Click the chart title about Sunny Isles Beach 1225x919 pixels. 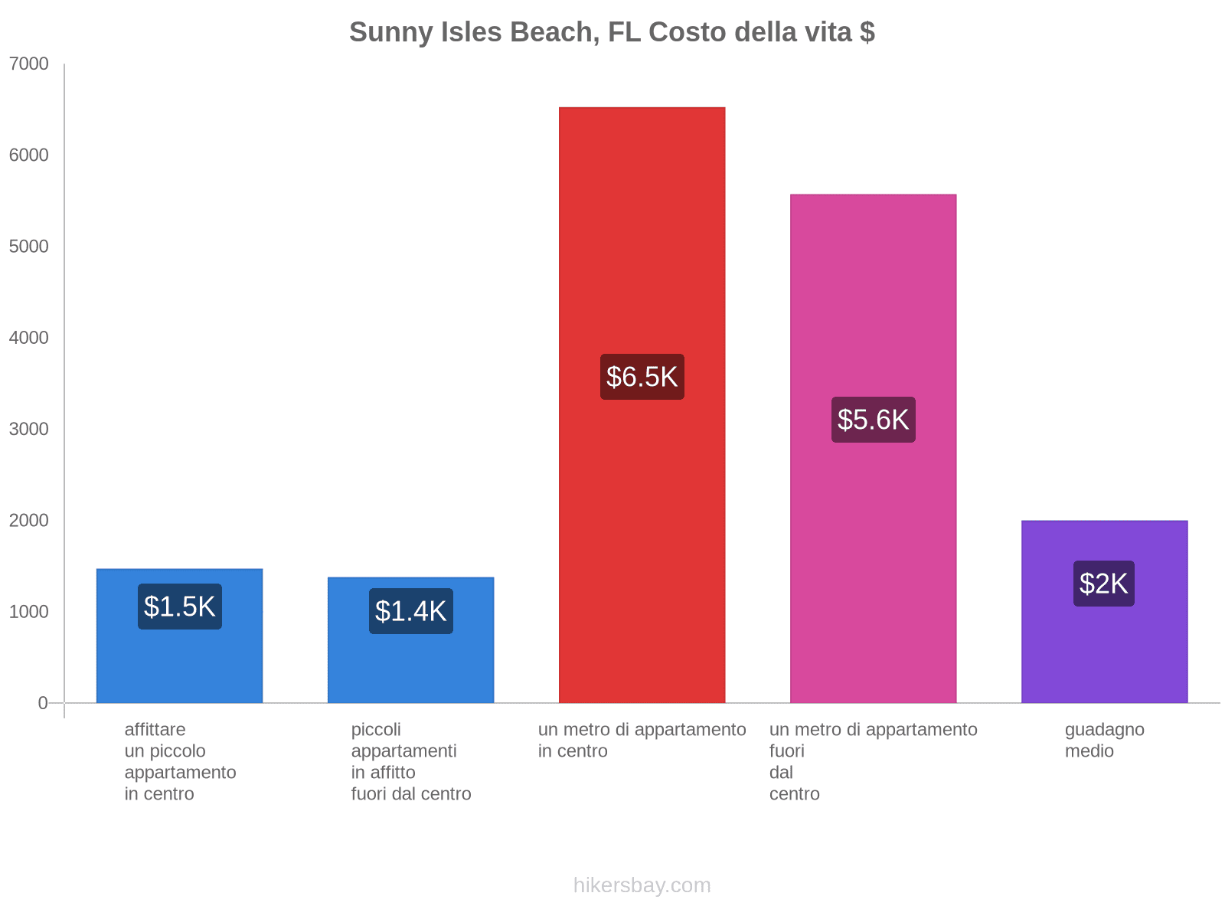pos(612,32)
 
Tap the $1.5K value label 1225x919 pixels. pos(180,607)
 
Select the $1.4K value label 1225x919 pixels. pos(411,611)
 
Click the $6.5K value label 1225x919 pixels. pos(642,377)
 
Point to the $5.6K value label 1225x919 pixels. pos(873,420)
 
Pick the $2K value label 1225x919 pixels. pos(1103,584)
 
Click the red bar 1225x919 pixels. pos(642,230)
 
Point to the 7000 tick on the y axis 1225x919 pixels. pos(29,64)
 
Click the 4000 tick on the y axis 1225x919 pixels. pos(29,338)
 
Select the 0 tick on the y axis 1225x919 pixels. pos(43,703)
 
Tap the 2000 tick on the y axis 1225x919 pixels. pos(29,521)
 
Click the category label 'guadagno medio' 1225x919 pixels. pos(1104,741)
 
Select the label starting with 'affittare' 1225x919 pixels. pos(180,761)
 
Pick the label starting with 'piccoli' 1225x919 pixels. pos(411,761)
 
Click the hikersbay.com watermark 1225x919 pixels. pos(642,885)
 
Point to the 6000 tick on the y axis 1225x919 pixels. pos(29,155)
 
